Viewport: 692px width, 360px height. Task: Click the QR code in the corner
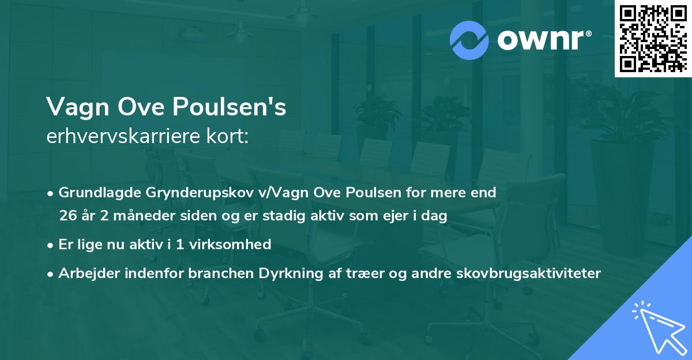(x=653, y=39)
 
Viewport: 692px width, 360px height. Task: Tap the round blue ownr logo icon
(x=469, y=40)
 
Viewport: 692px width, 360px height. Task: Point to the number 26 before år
(x=67, y=216)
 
